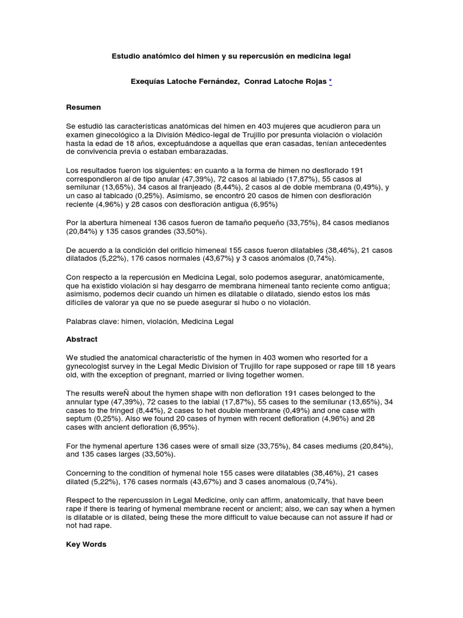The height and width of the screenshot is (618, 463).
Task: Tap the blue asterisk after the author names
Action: point(330,81)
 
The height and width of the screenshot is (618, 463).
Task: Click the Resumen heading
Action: point(83,107)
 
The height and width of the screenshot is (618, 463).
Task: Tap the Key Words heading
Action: point(86,544)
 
